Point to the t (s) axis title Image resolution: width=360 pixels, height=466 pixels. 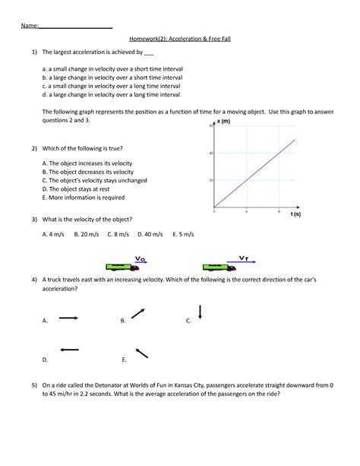[x=295, y=215]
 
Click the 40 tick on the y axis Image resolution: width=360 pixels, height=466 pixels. [x=212, y=153]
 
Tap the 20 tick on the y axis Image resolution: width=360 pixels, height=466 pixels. [x=212, y=180]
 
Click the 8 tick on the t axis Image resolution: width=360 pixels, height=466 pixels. [x=279, y=211]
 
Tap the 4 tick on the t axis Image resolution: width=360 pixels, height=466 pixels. [x=247, y=211]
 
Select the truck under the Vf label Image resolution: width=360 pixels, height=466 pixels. [x=220, y=266]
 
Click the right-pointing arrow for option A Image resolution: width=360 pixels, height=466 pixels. [x=68, y=319]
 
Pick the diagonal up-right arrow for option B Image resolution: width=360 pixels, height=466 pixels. [x=137, y=313]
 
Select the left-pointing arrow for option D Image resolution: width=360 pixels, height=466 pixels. [x=69, y=350]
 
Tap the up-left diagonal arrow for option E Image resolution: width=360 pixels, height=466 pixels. [x=141, y=353]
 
